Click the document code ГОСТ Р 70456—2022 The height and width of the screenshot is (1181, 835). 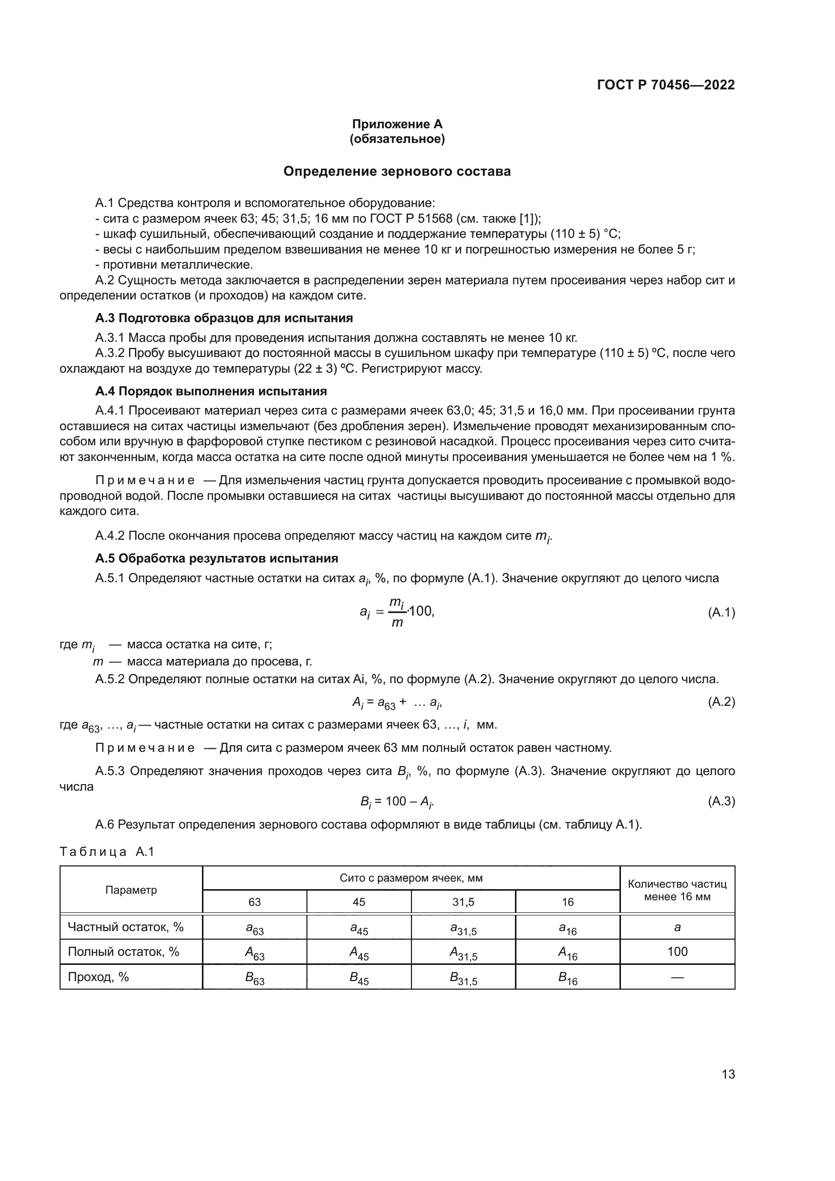point(666,85)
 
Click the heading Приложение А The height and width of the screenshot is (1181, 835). point(397,124)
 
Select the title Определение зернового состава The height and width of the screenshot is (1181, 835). point(397,171)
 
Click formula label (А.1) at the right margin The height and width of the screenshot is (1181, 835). point(721,612)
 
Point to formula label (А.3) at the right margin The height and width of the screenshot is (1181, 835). point(721,801)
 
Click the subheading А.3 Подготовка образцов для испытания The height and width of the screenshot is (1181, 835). point(224,318)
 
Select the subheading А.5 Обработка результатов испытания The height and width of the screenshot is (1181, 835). point(217,558)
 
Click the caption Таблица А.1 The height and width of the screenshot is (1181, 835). point(107,852)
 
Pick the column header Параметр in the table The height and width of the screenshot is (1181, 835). point(131,890)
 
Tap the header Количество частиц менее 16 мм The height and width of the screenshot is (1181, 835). point(677,890)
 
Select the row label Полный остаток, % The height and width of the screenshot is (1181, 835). point(123,952)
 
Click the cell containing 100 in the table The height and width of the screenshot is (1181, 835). point(677,952)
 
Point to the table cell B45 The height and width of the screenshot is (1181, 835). point(359,978)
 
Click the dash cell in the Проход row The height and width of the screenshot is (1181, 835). point(677,977)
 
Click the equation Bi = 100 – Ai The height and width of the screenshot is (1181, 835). point(400,801)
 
